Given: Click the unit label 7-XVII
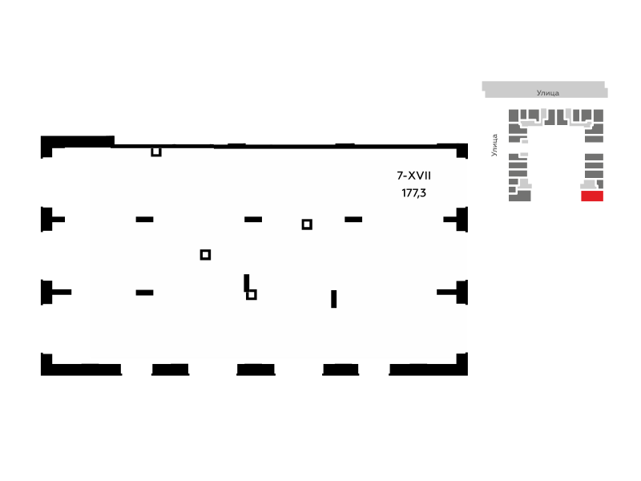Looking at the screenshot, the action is (x=413, y=176).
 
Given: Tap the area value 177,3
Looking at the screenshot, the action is (x=413, y=192).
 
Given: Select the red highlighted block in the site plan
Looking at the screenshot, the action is (x=592, y=196).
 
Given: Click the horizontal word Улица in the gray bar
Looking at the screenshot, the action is (x=547, y=93).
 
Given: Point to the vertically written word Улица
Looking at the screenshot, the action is (x=494, y=145).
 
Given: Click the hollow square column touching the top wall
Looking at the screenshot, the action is (x=155, y=152).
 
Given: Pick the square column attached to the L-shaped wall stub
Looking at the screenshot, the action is (x=252, y=294).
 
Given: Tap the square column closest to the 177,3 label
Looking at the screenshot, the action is (x=307, y=224).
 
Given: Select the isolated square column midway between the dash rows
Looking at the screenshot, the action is (x=205, y=255).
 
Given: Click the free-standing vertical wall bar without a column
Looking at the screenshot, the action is (x=333, y=299).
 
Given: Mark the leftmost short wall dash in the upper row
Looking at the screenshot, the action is (x=144, y=220).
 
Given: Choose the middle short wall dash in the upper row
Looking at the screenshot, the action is (x=253, y=220).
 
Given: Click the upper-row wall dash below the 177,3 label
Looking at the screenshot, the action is (x=353, y=220).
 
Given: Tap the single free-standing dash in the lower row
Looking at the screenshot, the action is (x=144, y=293).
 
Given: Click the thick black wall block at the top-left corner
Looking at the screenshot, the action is (x=78, y=142).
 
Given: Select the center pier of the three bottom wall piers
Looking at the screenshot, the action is (x=256, y=370).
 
